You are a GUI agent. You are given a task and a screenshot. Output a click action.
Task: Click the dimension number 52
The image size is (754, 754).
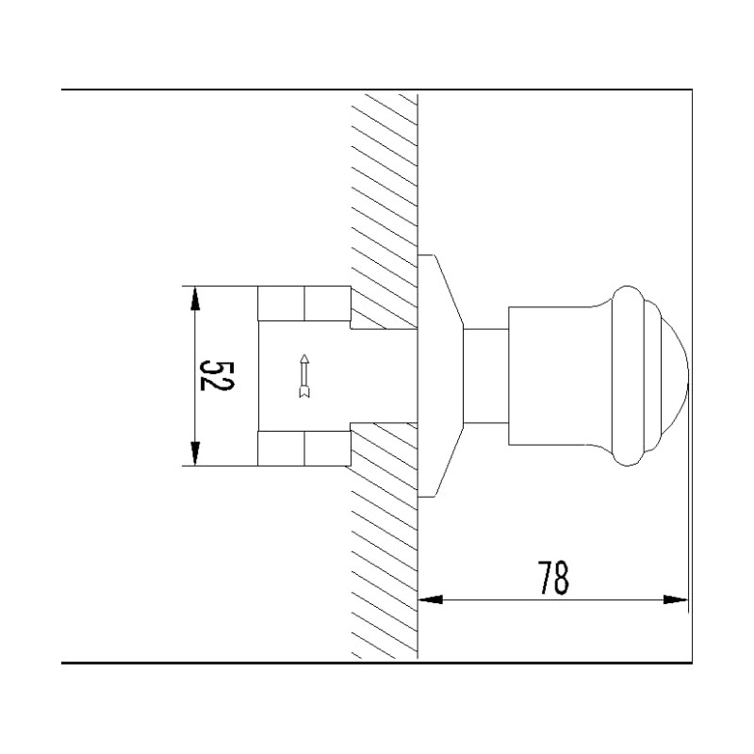pos(216,376)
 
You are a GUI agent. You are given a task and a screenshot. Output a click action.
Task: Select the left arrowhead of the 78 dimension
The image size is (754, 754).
pos(430,598)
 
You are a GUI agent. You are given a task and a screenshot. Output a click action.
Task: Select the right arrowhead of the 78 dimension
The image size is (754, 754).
pos(676,598)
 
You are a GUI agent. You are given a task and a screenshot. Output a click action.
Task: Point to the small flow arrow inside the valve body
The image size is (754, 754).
pos(303,375)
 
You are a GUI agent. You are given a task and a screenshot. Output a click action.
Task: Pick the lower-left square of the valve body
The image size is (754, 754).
pos(281,448)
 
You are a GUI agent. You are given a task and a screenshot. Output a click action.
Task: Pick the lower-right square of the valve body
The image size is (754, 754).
pos(327,448)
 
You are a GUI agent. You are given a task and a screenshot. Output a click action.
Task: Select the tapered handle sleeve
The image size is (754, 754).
pos(556,375)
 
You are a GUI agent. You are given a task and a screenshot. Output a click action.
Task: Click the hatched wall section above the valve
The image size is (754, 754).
pos(385,188)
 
